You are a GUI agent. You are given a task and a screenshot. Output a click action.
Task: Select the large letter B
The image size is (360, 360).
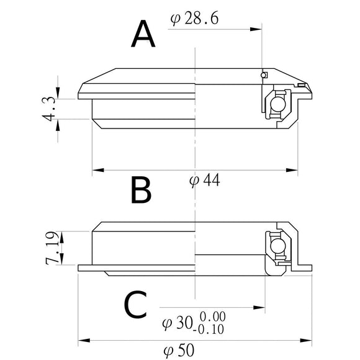pos(142,191)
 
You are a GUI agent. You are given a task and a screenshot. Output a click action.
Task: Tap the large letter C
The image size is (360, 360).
pos(135,305)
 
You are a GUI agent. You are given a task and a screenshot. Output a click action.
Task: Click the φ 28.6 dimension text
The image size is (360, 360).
pos(193,19)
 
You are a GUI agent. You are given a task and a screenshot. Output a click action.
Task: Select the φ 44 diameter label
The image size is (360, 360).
pos(204,181)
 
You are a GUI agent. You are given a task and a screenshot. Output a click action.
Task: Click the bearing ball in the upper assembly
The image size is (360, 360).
pos(279,104)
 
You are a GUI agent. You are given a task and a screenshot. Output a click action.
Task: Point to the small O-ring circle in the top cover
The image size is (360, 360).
pos(264,75)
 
